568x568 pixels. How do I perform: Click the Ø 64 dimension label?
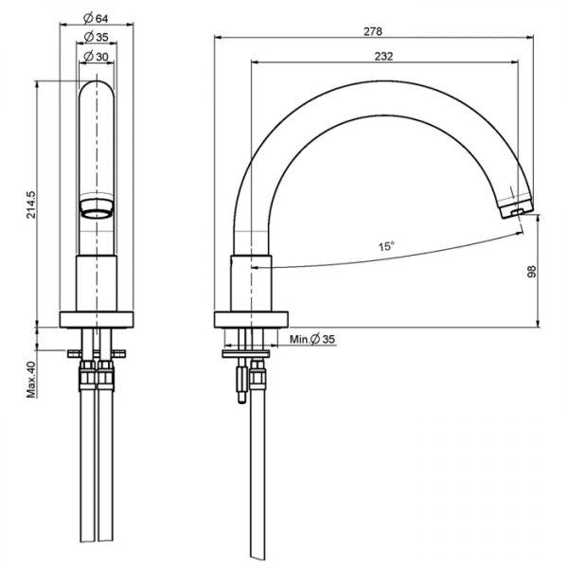[96, 18]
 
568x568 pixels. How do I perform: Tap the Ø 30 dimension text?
[96, 57]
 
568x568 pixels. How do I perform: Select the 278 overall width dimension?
[373, 31]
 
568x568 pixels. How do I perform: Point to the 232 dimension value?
[383, 56]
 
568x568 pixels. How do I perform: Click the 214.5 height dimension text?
[32, 204]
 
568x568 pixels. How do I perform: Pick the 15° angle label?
[386, 247]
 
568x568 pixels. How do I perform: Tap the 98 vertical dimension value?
[531, 272]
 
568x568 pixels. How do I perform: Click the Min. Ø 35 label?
[312, 340]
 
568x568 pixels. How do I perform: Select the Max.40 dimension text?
[31, 380]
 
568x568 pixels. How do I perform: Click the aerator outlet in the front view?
[97, 209]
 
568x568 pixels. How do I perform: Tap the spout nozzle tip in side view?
[516, 209]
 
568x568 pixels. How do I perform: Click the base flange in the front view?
[97, 320]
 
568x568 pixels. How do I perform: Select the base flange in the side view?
[252, 320]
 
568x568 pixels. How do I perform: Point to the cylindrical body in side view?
[251, 283]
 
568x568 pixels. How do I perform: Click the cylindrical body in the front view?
[97, 283]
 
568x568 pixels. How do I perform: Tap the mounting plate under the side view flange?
[246, 353]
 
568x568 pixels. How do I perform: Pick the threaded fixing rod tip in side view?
[241, 399]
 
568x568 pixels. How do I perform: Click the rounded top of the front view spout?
[97, 87]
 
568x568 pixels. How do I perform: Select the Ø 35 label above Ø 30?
[96, 37]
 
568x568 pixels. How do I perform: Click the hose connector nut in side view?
[257, 375]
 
